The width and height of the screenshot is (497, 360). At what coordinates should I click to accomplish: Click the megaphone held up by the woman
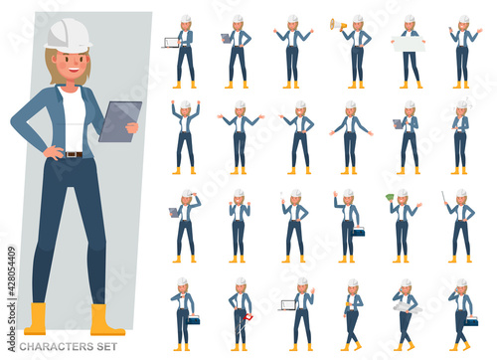[338, 24]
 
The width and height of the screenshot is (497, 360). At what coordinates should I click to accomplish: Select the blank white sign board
[409, 44]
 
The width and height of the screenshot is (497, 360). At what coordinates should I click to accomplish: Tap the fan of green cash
[391, 197]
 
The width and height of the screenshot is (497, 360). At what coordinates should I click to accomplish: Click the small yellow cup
[347, 304]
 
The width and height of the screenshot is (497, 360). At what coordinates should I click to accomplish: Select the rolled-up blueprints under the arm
[408, 307]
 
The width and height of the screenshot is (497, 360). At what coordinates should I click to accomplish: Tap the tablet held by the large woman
[120, 121]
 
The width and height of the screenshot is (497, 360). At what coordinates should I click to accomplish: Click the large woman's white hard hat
[69, 36]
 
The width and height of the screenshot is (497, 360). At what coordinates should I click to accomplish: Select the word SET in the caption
[107, 347]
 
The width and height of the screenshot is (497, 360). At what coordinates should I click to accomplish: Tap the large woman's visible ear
[54, 60]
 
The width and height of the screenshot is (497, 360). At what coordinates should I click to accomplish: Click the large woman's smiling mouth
[74, 71]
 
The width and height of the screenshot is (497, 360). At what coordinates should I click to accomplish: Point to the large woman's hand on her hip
[54, 152]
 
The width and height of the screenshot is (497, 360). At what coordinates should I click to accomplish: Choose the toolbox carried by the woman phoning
[470, 320]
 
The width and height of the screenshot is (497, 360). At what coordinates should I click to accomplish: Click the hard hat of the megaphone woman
[358, 19]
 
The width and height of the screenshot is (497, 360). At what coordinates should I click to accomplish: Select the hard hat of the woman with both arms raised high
[185, 104]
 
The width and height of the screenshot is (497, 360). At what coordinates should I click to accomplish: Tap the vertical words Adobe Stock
[12, 326]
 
